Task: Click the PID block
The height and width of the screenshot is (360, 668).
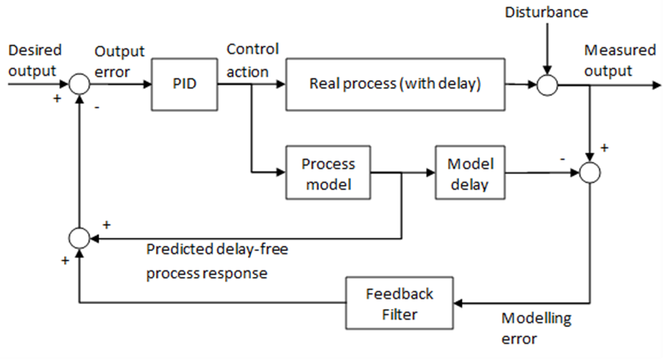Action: pos(185,84)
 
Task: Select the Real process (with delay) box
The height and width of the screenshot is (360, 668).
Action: pos(394,84)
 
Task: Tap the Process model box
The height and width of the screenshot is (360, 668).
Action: pos(327,173)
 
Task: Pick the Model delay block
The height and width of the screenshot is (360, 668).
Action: pos(470,173)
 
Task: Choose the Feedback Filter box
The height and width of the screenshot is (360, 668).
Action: pos(399,303)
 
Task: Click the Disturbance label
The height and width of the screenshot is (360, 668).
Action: pos(547,13)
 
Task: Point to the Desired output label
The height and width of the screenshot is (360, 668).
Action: pos(35,60)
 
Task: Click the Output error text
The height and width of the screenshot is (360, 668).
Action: pos(119,61)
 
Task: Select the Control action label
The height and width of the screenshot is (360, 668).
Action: pos(252,60)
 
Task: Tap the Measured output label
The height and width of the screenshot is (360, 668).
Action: pos(619,60)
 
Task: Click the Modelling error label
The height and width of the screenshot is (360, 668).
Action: pos(536,329)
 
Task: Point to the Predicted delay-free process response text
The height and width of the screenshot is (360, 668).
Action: pos(216,261)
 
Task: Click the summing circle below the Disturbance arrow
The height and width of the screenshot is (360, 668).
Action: pos(546,85)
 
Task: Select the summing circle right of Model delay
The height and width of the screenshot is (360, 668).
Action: pos(589,173)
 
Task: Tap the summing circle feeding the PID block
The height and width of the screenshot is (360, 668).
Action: pos(79,85)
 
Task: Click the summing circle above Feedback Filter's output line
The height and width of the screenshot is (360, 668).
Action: pos(79,238)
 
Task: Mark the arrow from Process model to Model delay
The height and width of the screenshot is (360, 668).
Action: pos(402,173)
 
